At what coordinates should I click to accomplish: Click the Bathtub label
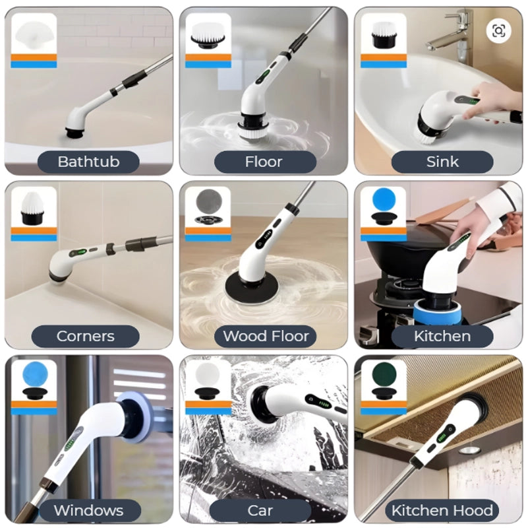coord(88,162)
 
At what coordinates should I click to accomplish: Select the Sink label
coord(442,162)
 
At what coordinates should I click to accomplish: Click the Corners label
coord(86,336)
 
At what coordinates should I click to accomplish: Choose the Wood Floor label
coord(266,336)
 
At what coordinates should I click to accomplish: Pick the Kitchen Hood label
coord(442,510)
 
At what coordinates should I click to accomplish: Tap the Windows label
coord(89,510)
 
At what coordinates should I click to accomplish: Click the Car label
coord(260,510)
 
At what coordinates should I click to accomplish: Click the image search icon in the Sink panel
coord(498,31)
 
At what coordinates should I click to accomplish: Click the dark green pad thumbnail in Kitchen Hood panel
coord(384,374)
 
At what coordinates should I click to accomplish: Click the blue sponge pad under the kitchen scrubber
coord(436,312)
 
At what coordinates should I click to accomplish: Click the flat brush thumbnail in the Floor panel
coord(208,37)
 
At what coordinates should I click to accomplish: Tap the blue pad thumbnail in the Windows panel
coord(35,374)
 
